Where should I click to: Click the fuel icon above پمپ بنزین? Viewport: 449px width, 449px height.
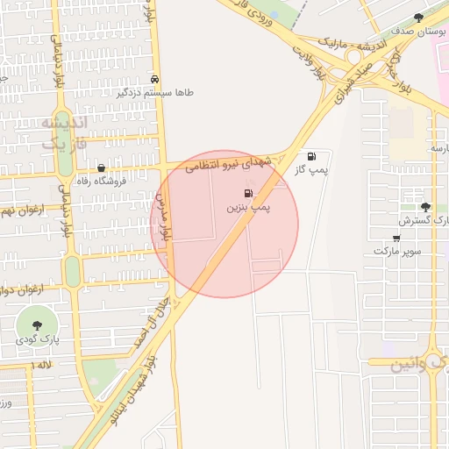248,193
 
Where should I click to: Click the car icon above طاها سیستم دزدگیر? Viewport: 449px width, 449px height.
155,79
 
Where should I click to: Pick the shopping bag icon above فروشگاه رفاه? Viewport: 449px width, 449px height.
102,167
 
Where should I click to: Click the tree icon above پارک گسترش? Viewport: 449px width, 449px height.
425,207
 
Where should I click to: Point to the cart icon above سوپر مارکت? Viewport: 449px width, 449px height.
396,237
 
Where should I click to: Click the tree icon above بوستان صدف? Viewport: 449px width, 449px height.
418,17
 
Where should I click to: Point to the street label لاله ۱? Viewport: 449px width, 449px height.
42,364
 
